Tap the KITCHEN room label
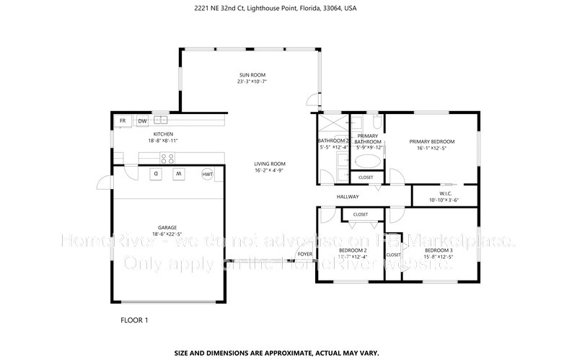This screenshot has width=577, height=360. [x=164, y=135]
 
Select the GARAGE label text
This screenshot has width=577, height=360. [x=167, y=227]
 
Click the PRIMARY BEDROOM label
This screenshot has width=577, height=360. [x=432, y=141]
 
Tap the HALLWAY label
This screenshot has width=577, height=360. [x=348, y=197]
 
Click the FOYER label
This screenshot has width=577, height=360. [x=305, y=255]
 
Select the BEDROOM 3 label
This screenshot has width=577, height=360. [x=438, y=250]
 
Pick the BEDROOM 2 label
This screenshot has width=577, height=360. [x=353, y=250]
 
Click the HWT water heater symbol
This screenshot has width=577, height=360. [x=208, y=174]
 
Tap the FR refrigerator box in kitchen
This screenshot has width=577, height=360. [x=123, y=120]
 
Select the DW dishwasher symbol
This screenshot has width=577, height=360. [x=143, y=120]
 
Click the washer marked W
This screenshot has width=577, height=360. [x=179, y=174]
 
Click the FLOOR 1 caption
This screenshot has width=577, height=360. [x=133, y=319]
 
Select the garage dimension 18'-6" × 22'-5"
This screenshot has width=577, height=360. [x=167, y=234]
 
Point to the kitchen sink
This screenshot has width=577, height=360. [x=160, y=120]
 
